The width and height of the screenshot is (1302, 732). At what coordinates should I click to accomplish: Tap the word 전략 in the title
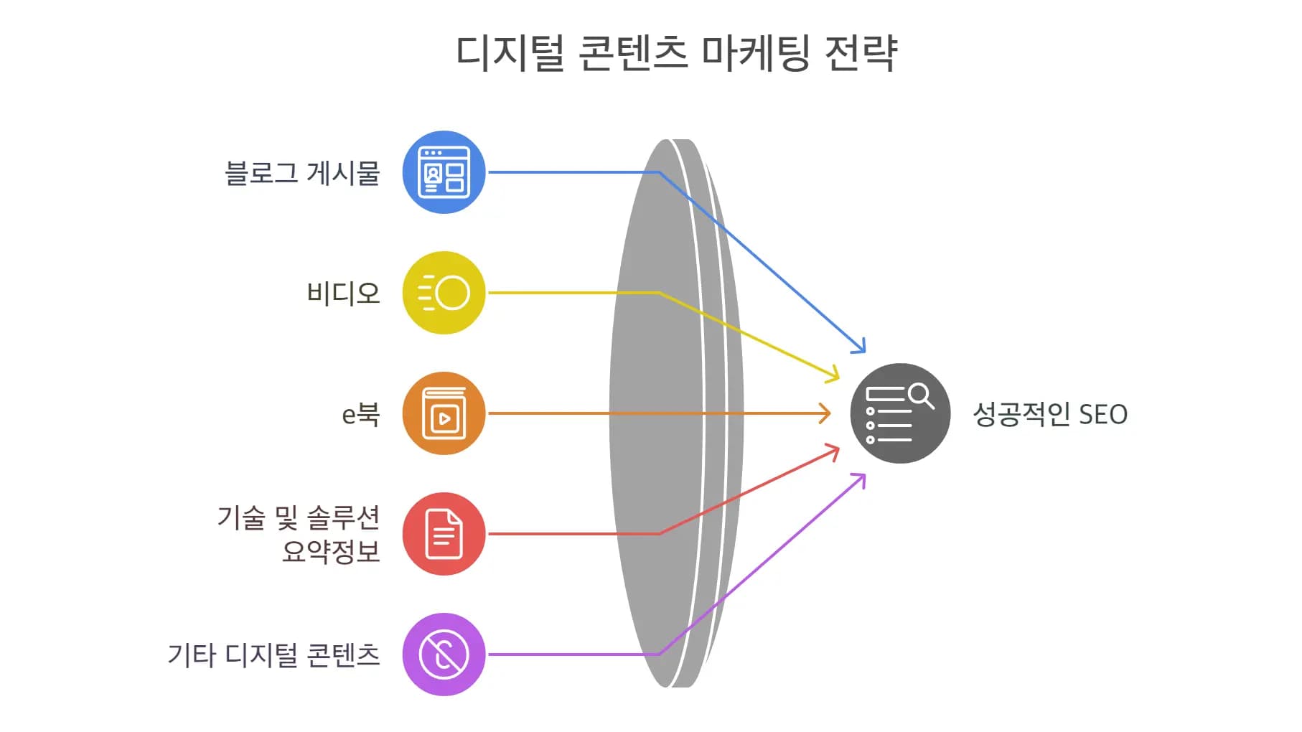861,53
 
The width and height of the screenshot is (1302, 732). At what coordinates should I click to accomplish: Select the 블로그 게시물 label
302,173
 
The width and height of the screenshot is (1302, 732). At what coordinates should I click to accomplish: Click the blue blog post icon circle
444,172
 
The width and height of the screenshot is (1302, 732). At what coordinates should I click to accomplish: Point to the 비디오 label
343,294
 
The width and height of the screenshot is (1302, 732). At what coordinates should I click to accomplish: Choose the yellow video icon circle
444,293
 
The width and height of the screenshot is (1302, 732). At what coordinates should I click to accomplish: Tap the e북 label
360,414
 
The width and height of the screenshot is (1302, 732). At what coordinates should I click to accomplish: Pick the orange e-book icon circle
444,413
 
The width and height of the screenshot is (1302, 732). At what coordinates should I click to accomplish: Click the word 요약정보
330,551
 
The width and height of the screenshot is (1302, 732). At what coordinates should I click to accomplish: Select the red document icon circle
444,534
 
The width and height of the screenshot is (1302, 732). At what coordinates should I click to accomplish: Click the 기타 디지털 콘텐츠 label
273,654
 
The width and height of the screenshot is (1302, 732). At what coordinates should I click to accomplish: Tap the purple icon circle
444,654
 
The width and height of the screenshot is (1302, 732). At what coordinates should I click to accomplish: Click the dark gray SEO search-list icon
900,413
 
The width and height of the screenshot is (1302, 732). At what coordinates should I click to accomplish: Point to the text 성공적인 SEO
1049,415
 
